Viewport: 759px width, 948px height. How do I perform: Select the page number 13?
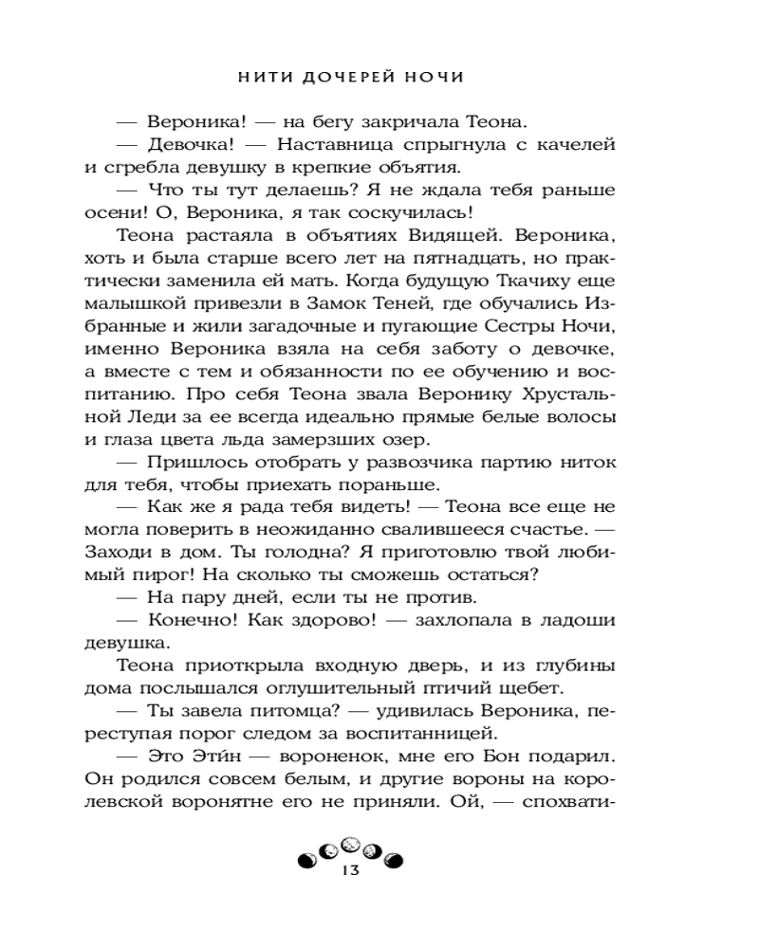(351, 871)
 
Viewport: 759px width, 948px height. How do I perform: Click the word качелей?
(578, 145)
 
